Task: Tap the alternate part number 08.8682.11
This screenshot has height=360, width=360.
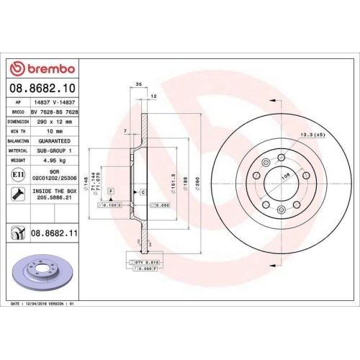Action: (x=55, y=233)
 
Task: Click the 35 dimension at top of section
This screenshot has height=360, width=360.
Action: (x=138, y=85)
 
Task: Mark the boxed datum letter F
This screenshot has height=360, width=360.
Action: (x=112, y=189)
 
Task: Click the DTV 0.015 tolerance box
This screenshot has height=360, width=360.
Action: (x=143, y=261)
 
